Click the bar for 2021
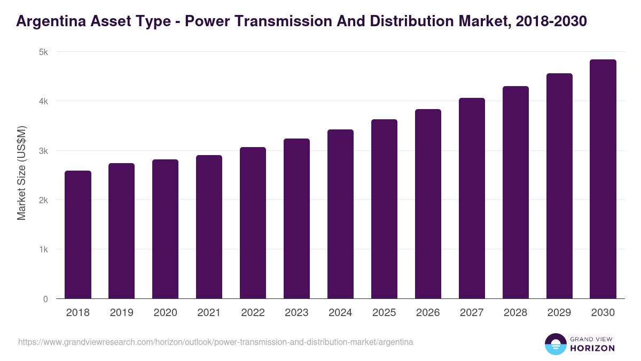(209, 227)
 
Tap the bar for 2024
(340, 214)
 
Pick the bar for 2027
(472, 198)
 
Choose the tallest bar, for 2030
(603, 179)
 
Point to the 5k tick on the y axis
(43, 52)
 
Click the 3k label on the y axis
(43, 151)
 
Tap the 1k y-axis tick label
(43, 250)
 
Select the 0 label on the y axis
(45, 299)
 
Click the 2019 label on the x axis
(121, 313)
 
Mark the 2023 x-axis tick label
(296, 313)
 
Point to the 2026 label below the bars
(428, 313)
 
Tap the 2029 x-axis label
(559, 313)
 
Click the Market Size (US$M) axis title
(22, 173)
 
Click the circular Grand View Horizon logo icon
(555, 344)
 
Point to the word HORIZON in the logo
(592, 348)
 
